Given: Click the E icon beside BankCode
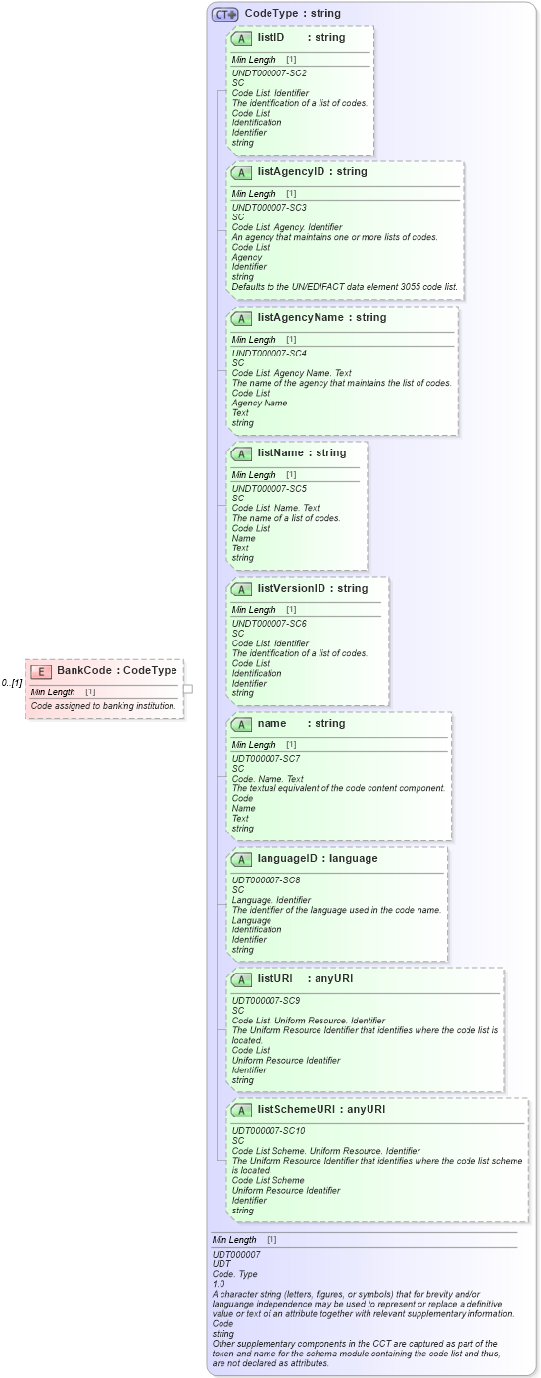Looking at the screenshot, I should point(41,671).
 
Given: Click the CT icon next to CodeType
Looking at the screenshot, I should point(225,14).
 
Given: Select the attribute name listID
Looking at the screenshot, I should point(270,37).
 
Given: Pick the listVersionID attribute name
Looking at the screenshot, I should point(290,589).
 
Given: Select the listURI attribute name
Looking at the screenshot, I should point(275,978).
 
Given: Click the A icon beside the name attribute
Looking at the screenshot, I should point(241,724).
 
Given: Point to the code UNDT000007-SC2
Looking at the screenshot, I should point(269,73).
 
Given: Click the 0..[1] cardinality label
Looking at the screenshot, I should point(12,683).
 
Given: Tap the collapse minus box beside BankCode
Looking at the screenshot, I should point(187,689).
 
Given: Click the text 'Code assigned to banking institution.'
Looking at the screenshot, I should point(103,705).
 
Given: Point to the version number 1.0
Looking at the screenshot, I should point(219,1283).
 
